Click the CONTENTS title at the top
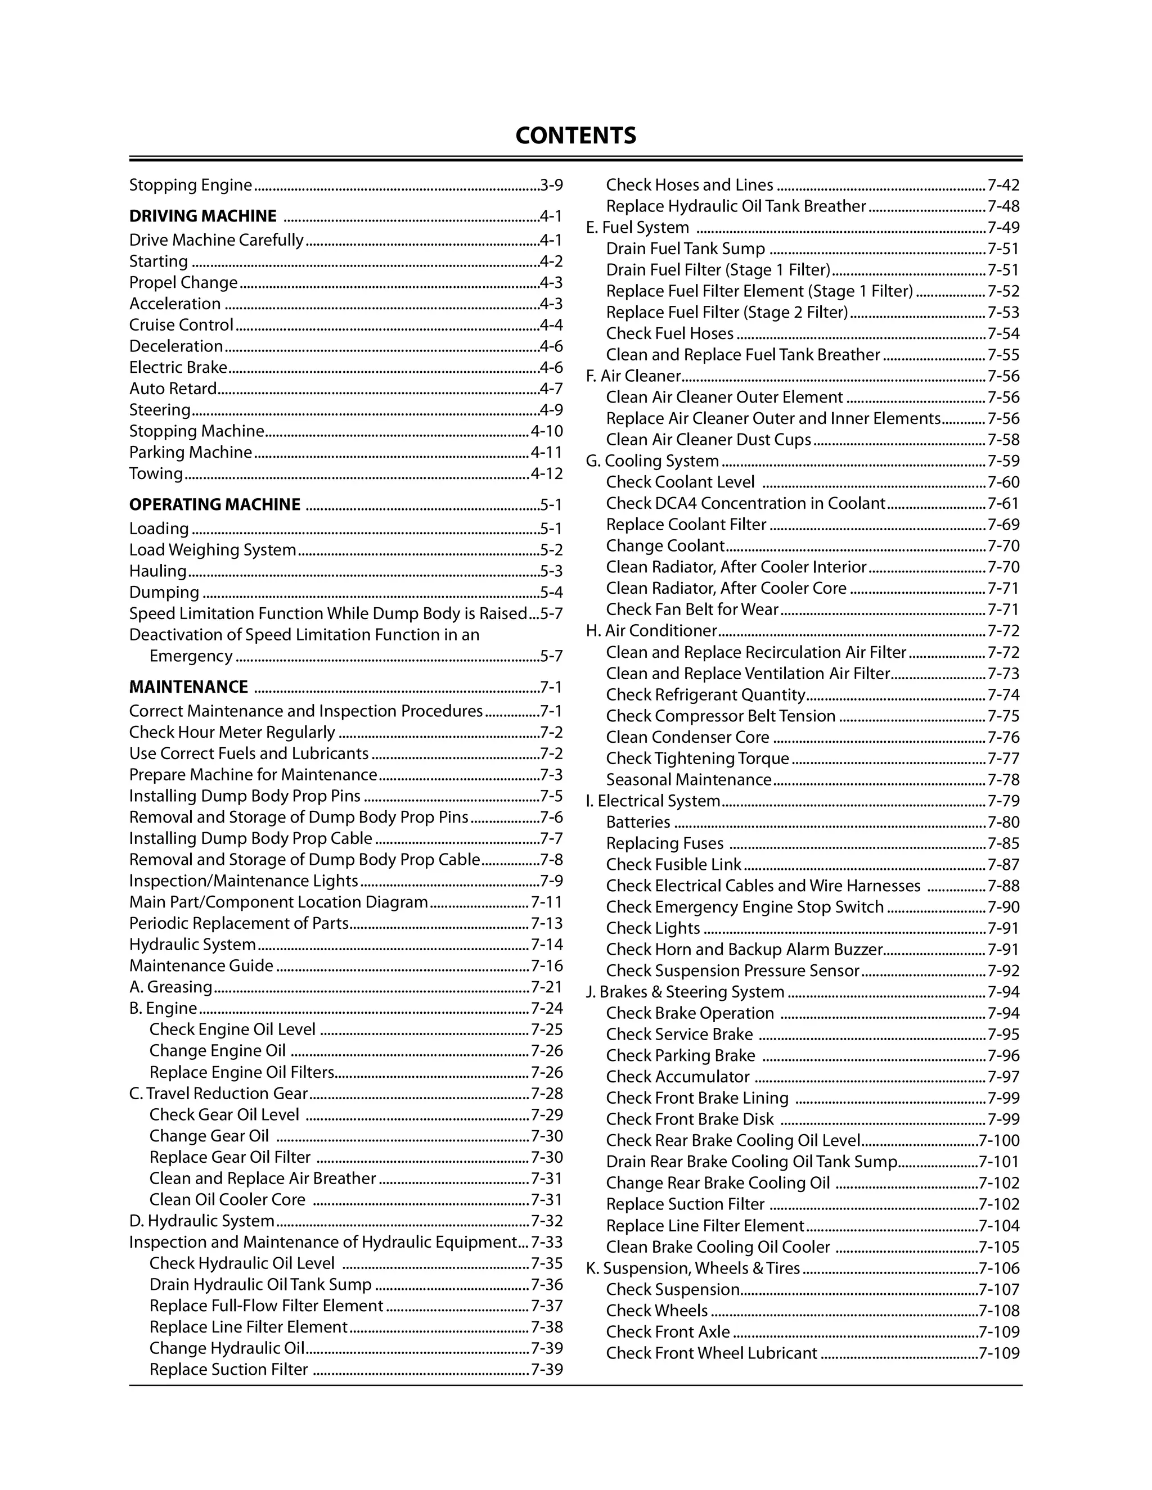(575, 135)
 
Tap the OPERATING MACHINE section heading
(214, 505)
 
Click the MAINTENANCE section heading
(188, 687)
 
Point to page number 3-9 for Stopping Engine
(551, 185)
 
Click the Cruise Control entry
(181, 325)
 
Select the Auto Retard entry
(173, 389)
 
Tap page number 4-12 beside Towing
(547, 473)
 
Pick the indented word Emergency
(191, 656)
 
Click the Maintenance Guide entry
(201, 966)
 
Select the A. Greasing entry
(170, 987)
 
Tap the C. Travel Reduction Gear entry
(218, 1094)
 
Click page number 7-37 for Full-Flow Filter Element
(547, 1306)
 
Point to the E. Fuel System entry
(637, 228)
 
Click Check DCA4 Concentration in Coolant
(745, 503)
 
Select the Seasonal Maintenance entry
(688, 780)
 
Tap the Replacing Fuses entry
(665, 844)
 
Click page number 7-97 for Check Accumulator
(1003, 1077)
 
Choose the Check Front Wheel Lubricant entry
(711, 1353)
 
